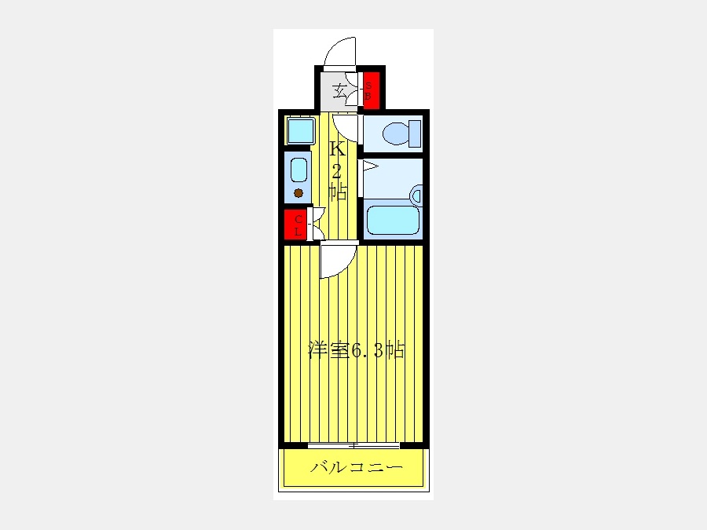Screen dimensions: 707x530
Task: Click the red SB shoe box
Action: [372, 90]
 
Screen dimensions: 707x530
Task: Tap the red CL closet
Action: [295, 225]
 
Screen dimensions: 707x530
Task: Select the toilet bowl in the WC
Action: [395, 133]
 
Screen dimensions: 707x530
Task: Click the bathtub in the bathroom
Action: [393, 221]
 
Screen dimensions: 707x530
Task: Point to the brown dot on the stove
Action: [298, 193]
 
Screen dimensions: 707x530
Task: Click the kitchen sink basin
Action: [299, 170]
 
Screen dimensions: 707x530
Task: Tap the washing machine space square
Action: [301, 130]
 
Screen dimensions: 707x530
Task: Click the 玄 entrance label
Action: [340, 92]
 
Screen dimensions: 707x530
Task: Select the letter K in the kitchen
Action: [338, 148]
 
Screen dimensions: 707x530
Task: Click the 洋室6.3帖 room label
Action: [356, 349]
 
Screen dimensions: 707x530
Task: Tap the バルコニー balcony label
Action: [356, 467]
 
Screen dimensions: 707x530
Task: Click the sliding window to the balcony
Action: [353, 446]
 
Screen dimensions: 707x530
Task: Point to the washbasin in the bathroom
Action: [416, 196]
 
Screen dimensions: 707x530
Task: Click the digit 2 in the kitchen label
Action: [337, 171]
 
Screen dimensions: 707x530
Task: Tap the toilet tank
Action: [415, 133]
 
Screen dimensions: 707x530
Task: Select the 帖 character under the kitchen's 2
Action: [338, 191]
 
